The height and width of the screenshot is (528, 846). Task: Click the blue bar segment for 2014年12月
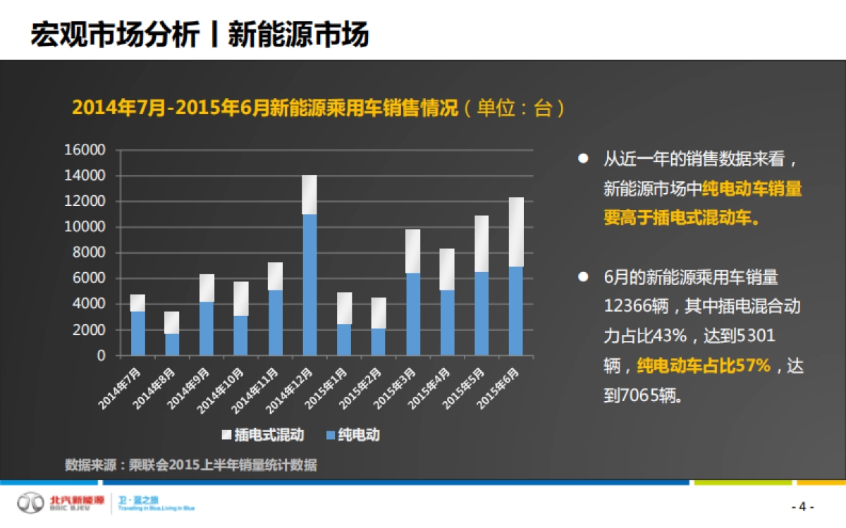point(309,285)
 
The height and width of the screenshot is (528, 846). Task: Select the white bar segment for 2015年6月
point(516,232)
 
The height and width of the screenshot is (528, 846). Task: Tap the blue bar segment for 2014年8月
point(172,345)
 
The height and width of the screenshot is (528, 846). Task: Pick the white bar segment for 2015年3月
point(413,251)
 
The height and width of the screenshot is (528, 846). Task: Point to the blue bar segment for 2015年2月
point(379,342)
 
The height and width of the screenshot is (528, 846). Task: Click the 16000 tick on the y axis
point(85,150)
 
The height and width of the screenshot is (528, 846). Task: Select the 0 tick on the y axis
point(101,356)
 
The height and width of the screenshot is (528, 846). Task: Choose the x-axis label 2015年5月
point(465,386)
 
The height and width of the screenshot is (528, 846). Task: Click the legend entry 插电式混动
point(269,435)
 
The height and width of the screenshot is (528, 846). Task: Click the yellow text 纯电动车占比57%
point(704,365)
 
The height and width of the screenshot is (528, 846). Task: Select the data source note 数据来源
point(190,465)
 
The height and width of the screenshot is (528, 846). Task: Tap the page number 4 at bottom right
point(802,507)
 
